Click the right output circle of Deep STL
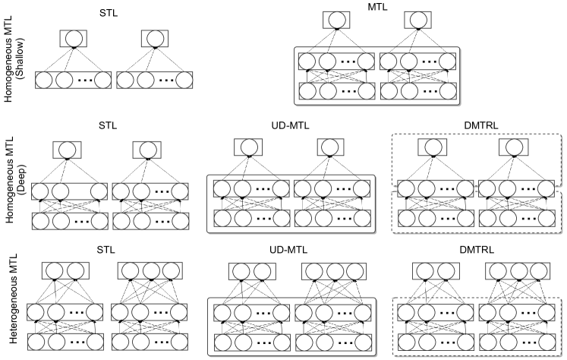pyautogui.click(x=150, y=150)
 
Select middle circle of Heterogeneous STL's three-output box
pyautogui.click(x=150, y=271)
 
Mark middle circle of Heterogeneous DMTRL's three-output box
pyautogui.click(x=515, y=271)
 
